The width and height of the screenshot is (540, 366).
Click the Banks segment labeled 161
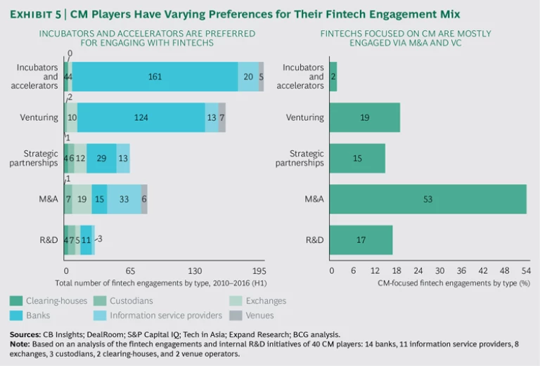[x=155, y=77]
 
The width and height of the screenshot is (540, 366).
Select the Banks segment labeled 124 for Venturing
[x=141, y=117]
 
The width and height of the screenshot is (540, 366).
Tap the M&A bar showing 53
[x=427, y=200]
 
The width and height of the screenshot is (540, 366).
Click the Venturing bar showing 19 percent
[x=364, y=117]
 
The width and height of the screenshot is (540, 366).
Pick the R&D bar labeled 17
[x=361, y=240]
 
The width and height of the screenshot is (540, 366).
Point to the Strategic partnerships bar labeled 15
[x=357, y=159]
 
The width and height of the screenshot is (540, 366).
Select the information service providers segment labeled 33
[x=124, y=200]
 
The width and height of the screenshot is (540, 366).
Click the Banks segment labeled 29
[x=101, y=159]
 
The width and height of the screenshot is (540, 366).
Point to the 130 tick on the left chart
[x=195, y=270]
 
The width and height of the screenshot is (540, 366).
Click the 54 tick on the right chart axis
[x=526, y=270]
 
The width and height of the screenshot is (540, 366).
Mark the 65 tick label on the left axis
[x=130, y=270]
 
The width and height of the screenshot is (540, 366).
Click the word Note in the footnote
[x=19, y=344]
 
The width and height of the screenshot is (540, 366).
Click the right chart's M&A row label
[x=314, y=200]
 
